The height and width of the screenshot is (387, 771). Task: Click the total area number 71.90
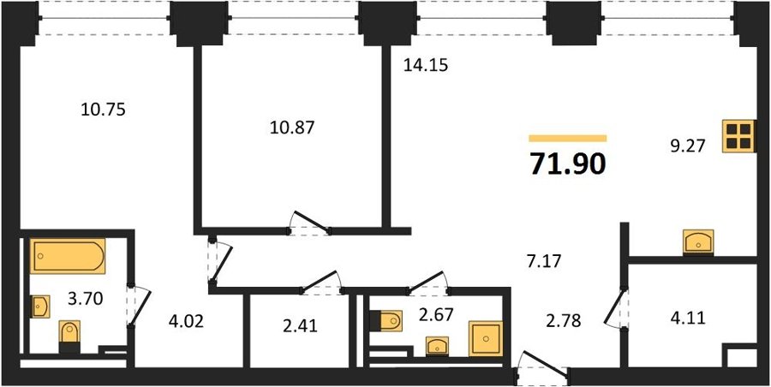[x=567, y=164]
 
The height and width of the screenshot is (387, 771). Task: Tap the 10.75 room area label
[x=104, y=110]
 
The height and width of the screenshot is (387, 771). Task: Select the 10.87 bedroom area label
[x=292, y=128]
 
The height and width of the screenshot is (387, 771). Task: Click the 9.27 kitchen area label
[x=689, y=146]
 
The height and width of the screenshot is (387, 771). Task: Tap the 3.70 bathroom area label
[x=86, y=298]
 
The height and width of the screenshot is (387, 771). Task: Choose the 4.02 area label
[x=185, y=322]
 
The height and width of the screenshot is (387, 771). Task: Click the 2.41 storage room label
[x=300, y=325]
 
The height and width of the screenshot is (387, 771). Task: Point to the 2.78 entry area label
[x=564, y=322]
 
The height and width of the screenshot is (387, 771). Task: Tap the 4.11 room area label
[x=688, y=319]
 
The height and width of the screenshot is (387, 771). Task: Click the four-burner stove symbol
[x=738, y=136]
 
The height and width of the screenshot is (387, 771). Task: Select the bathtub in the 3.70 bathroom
[x=68, y=256]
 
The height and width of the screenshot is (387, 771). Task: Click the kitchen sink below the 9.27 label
[x=698, y=242]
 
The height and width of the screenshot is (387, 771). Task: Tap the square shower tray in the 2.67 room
[x=486, y=338]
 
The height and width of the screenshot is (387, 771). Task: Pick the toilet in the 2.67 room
[x=385, y=320]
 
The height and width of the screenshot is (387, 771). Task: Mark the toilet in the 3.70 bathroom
[x=69, y=336]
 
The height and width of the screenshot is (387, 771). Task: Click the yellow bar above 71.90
[x=568, y=139]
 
